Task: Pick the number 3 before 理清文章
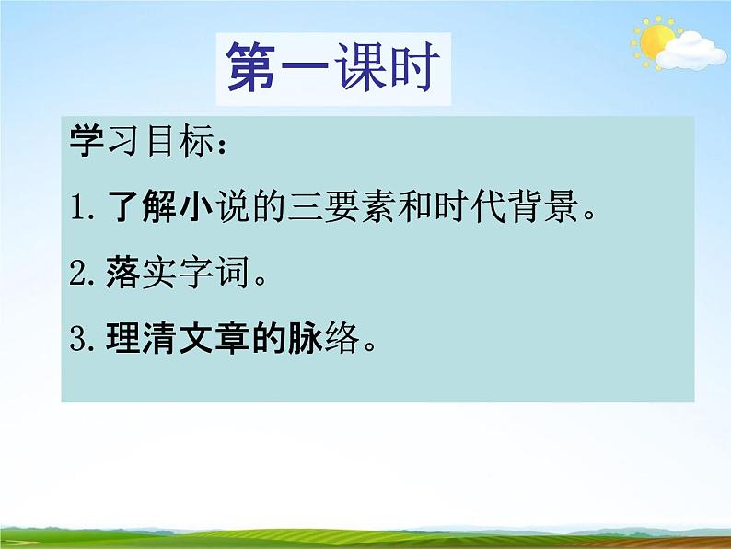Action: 80,343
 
